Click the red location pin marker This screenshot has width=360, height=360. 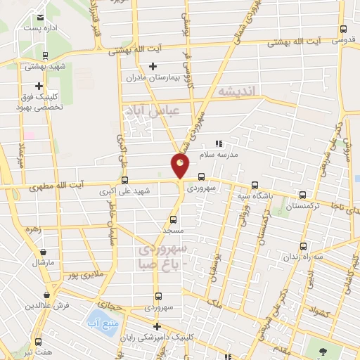(x=180, y=166)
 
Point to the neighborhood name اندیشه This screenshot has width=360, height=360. (x=240, y=91)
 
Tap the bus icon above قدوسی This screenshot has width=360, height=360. (x=343, y=30)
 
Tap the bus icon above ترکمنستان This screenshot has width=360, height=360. (x=302, y=195)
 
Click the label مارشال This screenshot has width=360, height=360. (x=42, y=262)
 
